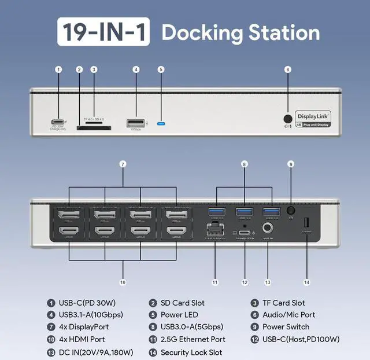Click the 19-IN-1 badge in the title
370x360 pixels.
point(104,32)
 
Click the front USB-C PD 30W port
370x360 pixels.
point(58,123)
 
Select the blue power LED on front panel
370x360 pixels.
point(161,123)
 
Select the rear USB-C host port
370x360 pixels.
point(245,232)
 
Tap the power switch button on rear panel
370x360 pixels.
point(291,212)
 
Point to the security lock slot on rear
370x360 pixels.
point(306,222)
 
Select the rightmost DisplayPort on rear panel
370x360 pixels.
point(174,217)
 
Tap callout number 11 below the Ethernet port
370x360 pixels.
point(214,282)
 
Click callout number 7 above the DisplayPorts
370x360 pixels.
point(123,164)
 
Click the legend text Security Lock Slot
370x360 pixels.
point(191,352)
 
